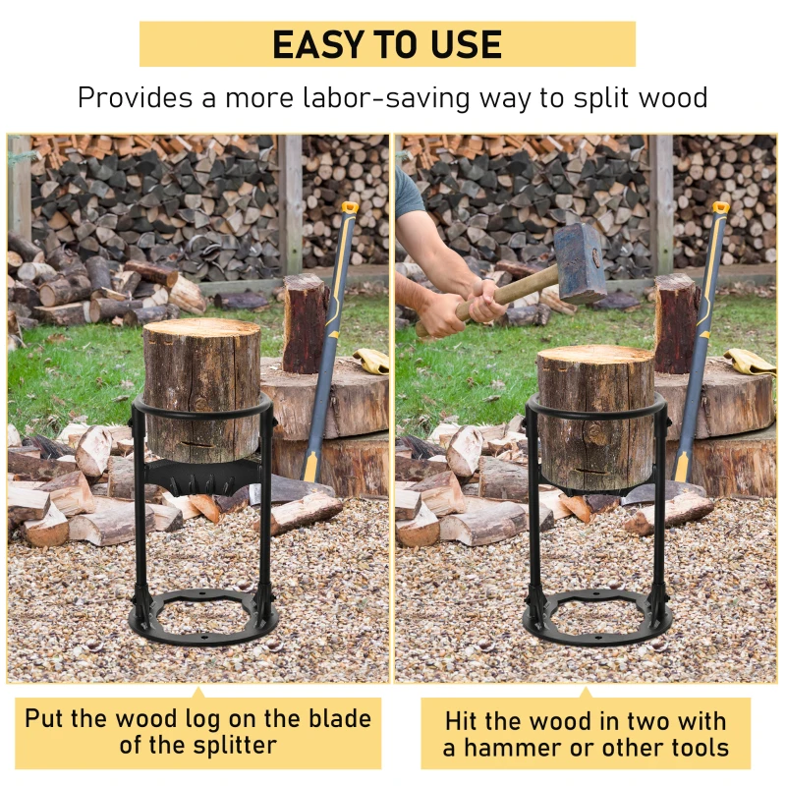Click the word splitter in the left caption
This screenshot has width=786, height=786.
[227, 745]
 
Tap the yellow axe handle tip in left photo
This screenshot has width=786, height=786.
[349, 208]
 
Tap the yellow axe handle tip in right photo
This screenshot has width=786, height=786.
[720, 208]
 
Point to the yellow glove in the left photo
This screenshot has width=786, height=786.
[371, 362]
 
